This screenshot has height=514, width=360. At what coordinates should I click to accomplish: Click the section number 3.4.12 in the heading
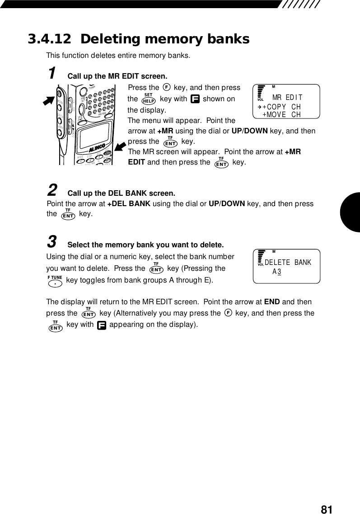pyautogui.click(x=50, y=39)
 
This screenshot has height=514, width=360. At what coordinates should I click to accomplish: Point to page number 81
pyautogui.click(x=327, y=509)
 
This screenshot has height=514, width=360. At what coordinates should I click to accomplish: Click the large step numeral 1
pyautogui.click(x=52, y=73)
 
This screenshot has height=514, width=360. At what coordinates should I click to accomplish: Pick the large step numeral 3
pyautogui.click(x=52, y=242)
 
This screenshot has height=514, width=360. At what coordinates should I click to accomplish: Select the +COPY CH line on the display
pyautogui.click(x=281, y=107)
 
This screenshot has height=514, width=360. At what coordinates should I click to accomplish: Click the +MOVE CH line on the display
pyautogui.click(x=281, y=115)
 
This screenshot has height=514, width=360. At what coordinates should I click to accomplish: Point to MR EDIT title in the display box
pyautogui.click(x=287, y=98)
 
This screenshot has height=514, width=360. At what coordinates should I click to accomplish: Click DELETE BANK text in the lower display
pyautogui.click(x=288, y=263)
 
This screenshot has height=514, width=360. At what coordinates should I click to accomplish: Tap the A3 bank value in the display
pyautogui.click(x=277, y=272)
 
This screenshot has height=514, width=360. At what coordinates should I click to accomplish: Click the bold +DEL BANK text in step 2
pyautogui.click(x=129, y=204)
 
